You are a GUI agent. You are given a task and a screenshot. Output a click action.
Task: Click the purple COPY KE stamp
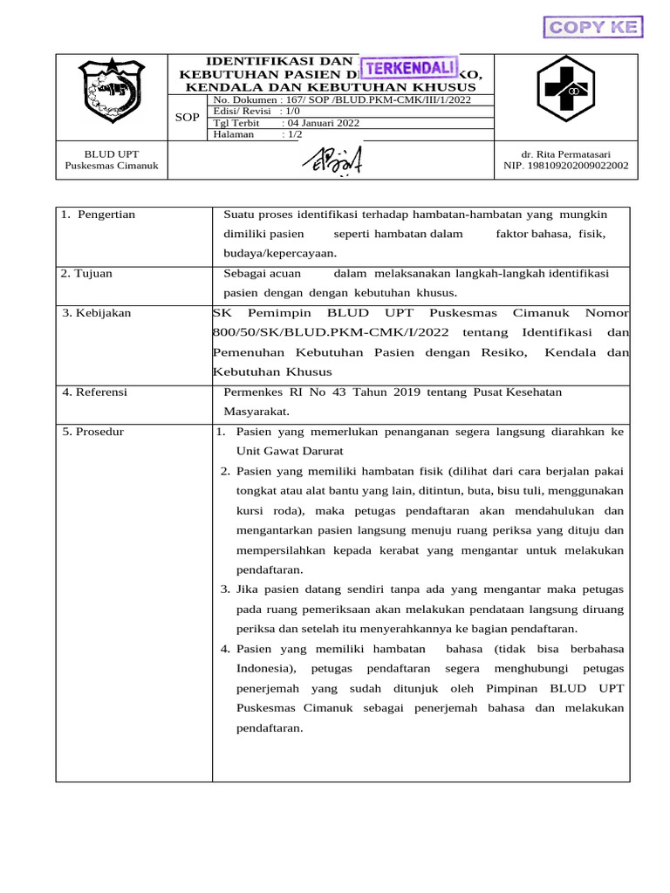593,27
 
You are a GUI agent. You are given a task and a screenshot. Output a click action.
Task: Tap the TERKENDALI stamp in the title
410,67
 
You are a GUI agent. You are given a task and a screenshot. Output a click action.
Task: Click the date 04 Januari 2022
322,123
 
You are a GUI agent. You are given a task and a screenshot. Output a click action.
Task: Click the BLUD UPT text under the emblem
112,153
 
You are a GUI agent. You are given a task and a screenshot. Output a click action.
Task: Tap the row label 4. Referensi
95,392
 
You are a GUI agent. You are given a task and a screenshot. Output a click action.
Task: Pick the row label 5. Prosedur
93,432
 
